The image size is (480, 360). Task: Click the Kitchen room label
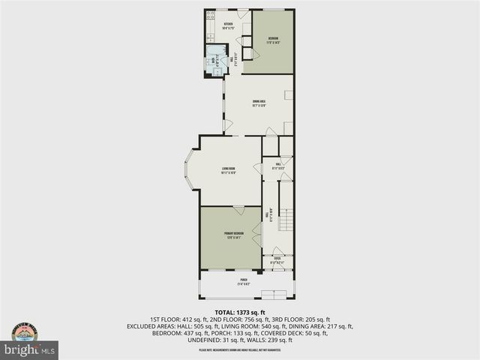point(228,26)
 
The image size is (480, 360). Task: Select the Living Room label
point(228,170)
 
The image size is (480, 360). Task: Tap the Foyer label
point(277,262)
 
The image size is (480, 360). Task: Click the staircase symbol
point(285,221)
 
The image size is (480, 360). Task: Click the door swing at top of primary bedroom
point(238,209)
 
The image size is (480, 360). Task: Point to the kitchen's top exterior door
point(242,13)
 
